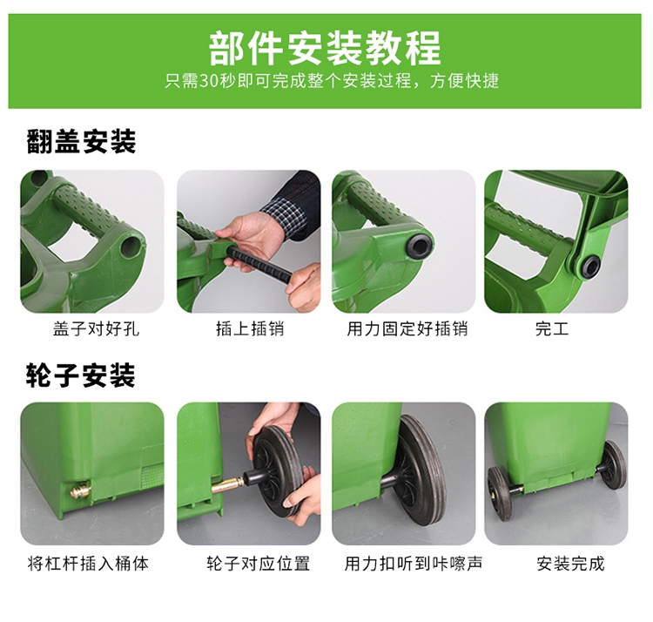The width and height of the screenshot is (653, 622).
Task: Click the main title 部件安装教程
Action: pyautogui.click(x=325, y=48)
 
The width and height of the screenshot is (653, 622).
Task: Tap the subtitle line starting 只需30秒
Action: pyautogui.click(x=332, y=80)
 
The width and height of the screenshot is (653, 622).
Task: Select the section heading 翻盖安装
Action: pyautogui.click(x=81, y=142)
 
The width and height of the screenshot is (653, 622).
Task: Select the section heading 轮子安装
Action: pyautogui.click(x=81, y=375)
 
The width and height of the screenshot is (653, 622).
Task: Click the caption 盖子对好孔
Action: pyautogui.click(x=96, y=328)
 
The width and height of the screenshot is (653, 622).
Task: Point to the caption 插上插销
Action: pyautogui.click(x=250, y=328)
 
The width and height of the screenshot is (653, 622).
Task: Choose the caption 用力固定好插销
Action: pyautogui.click(x=407, y=328)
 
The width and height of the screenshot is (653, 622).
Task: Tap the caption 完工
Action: pyautogui.click(x=552, y=328)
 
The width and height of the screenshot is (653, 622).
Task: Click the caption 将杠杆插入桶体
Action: pyautogui.click(x=88, y=564)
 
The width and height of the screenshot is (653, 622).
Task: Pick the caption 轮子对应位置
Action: pyautogui.click(x=259, y=564)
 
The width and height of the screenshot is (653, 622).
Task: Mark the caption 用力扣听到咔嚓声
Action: pyautogui.click(x=413, y=564)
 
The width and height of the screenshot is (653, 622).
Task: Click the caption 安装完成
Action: pyautogui.click(x=570, y=564)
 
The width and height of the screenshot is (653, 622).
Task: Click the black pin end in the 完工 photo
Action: pyautogui.click(x=589, y=266)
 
